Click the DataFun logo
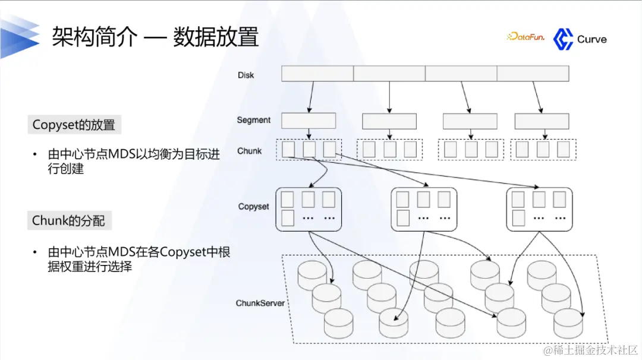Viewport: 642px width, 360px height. tap(525, 37)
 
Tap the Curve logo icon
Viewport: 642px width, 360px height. tap(563, 39)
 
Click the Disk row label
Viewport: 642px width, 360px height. tap(246, 75)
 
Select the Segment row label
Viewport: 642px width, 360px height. tap(253, 120)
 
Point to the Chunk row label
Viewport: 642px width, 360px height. tap(249, 151)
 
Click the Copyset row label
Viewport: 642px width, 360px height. tap(253, 207)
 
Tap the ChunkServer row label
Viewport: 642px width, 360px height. tap(260, 303)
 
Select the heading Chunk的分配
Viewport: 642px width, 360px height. tap(68, 221)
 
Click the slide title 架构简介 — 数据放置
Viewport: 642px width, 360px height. tap(155, 37)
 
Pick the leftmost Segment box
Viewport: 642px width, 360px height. tap(308, 121)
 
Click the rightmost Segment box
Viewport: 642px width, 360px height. tap(542, 121)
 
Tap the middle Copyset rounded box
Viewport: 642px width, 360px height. tap(424, 209)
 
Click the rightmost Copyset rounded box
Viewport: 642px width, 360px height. tap(539, 209)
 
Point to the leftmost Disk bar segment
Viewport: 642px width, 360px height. tap(317, 74)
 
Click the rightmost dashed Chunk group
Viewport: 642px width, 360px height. tap(543, 149)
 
